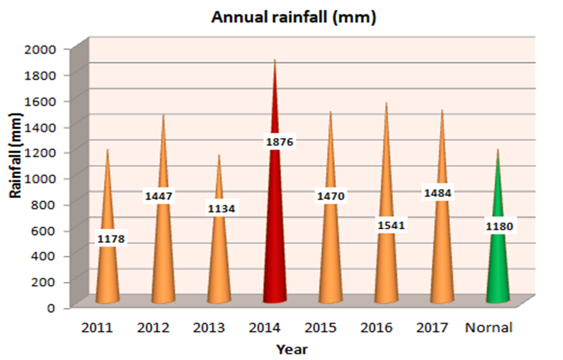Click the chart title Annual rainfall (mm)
coord(295,18)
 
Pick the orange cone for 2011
coord(108,273)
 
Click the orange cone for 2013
coord(219,260)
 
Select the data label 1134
coord(222,209)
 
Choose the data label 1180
coord(499,226)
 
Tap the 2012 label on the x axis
coord(155,328)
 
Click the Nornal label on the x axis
coord(489,328)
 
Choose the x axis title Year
coord(292,350)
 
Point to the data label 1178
coord(111,240)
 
